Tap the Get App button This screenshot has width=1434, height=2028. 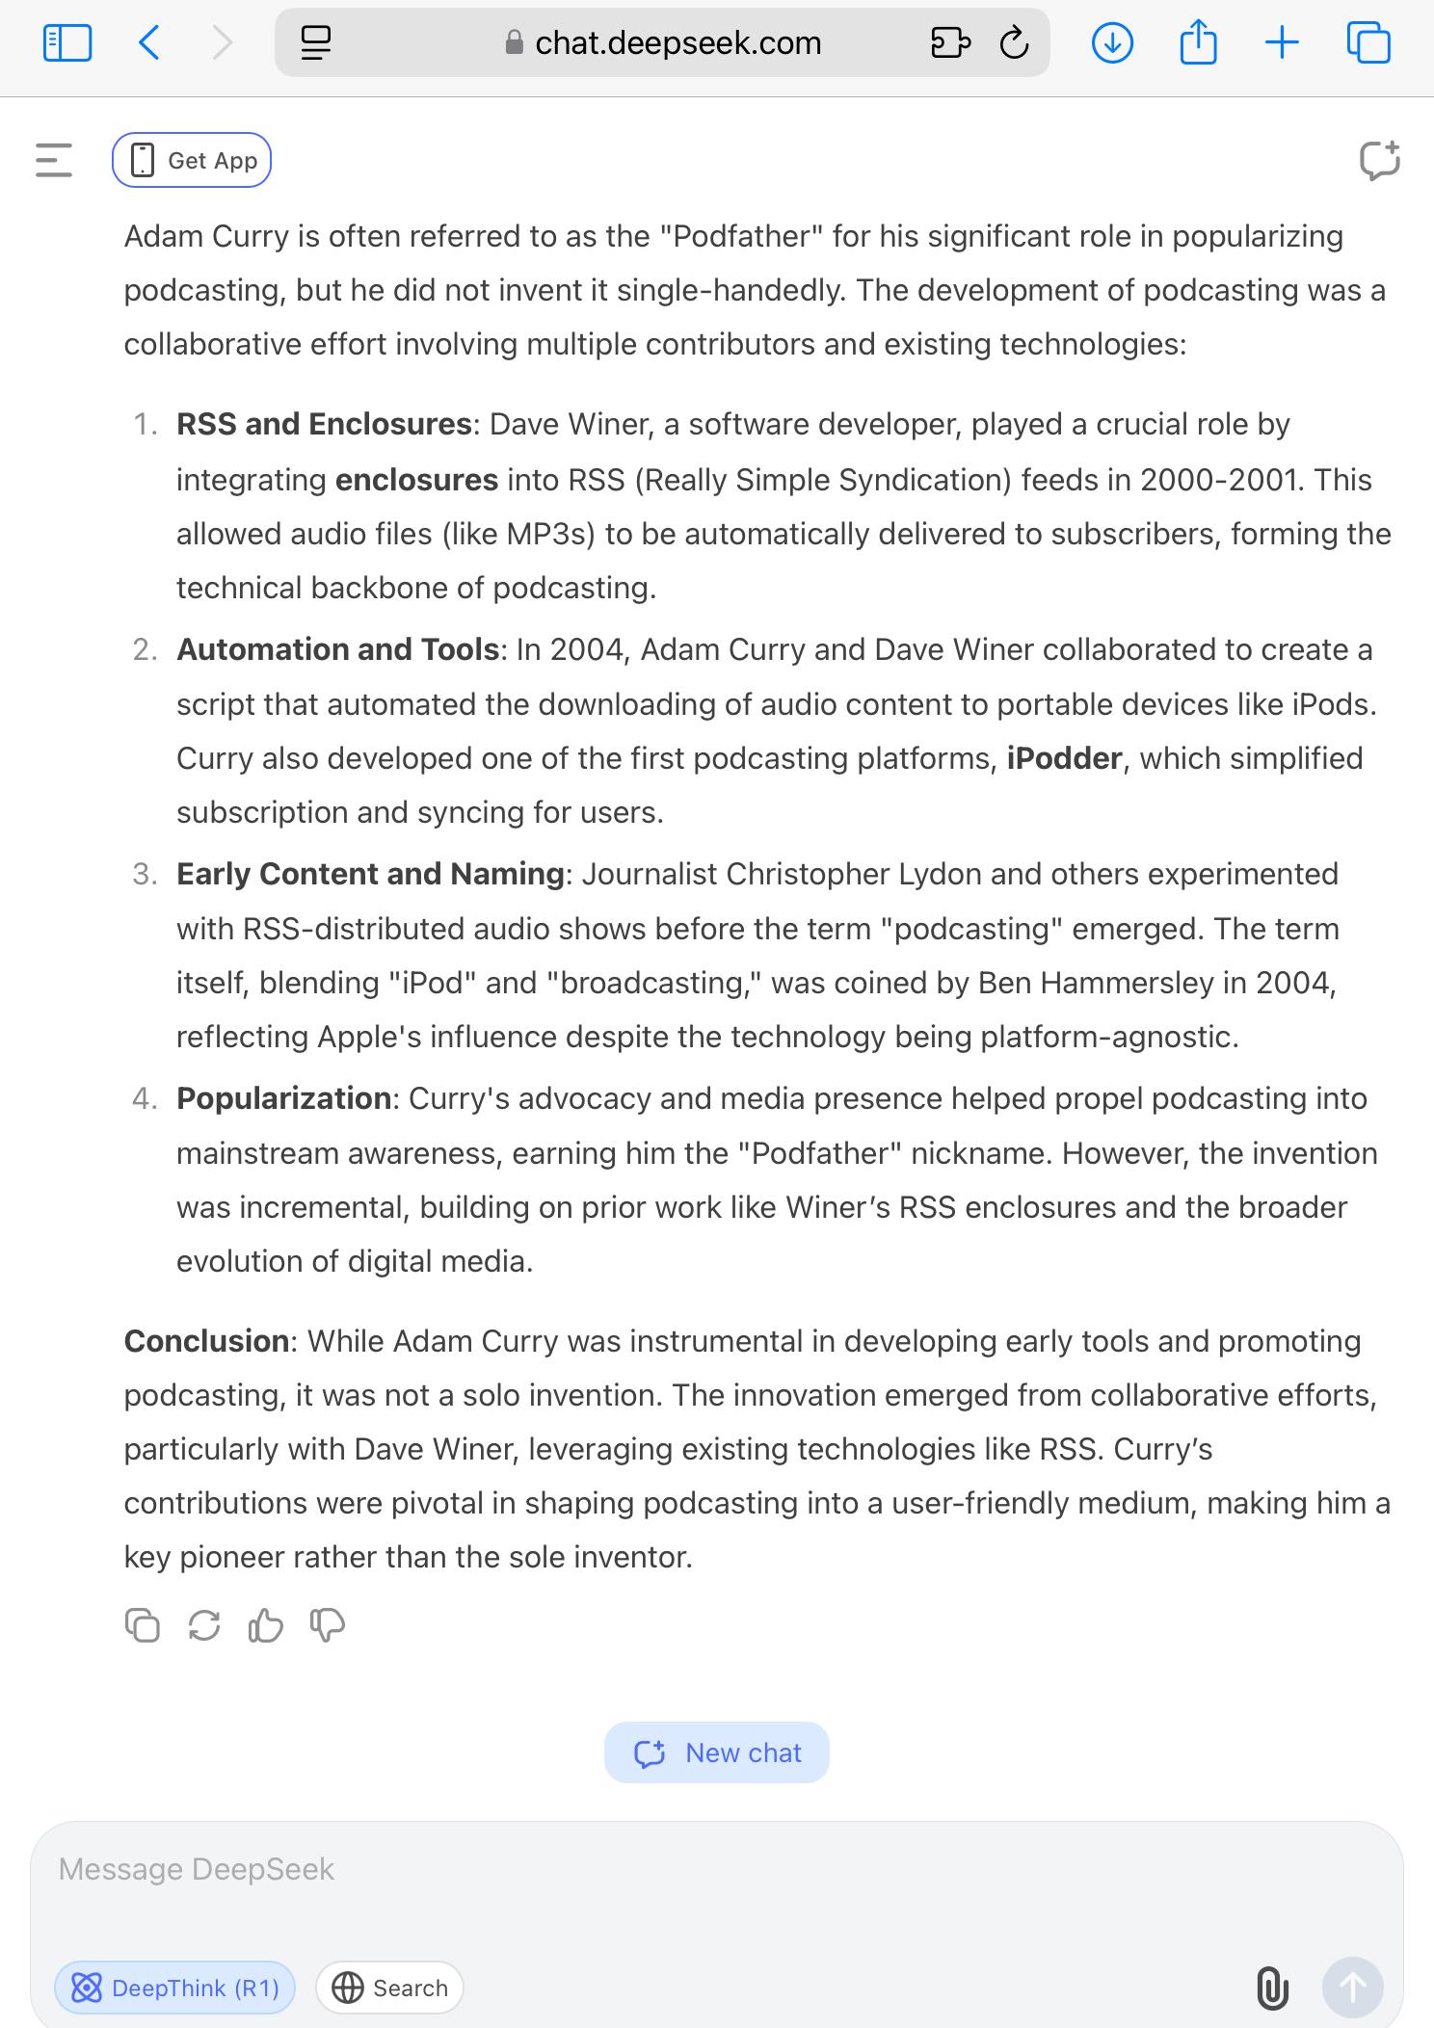pyautogui.click(x=192, y=160)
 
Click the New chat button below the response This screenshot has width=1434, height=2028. pyautogui.click(x=716, y=1752)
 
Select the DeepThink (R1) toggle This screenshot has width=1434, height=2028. pyautogui.click(x=174, y=1988)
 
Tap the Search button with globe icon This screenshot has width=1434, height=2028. pyautogui.click(x=389, y=1988)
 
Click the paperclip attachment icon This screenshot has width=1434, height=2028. pyautogui.click(x=1272, y=1988)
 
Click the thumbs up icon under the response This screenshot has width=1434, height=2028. pyautogui.click(x=265, y=1625)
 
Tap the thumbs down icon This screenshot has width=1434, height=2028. pyautogui.click(x=328, y=1625)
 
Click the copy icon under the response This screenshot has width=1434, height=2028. pyautogui.click(x=143, y=1625)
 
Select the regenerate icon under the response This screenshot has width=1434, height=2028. pyautogui.click(x=204, y=1625)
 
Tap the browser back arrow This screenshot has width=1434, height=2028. pyautogui.click(x=149, y=42)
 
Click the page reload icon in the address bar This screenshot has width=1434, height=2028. pyautogui.click(x=1014, y=42)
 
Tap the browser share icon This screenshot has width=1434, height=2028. pyautogui.click(x=1198, y=42)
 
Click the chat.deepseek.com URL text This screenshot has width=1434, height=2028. pyautogui.click(x=677, y=42)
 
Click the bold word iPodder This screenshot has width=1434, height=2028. pyautogui.click(x=1064, y=758)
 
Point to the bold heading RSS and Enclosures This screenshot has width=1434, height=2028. pyautogui.click(x=324, y=424)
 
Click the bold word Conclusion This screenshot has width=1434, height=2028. pyautogui.click(x=206, y=1341)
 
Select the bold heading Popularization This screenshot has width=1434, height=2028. pyautogui.click(x=283, y=1098)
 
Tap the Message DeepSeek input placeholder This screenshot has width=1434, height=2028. pyautogui.click(x=197, y=1869)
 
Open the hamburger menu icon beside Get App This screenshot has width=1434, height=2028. pyautogui.click(x=54, y=160)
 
